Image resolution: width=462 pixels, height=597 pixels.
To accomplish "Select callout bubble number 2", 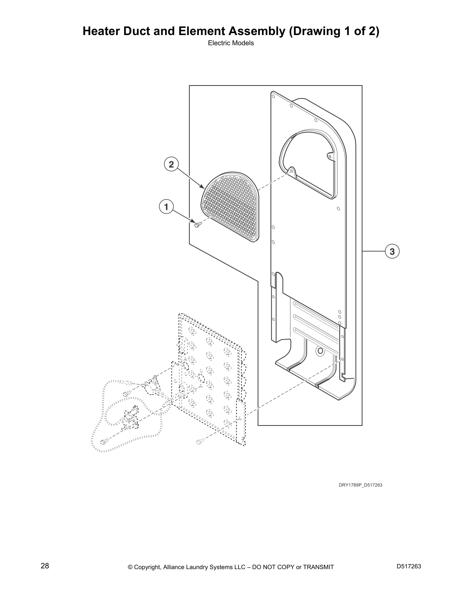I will (x=171, y=164).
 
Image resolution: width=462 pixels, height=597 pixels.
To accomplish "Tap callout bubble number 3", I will (x=392, y=251).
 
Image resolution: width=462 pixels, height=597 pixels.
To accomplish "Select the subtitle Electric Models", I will (x=231, y=43).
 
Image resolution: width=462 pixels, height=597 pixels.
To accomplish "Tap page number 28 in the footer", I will (x=45, y=566).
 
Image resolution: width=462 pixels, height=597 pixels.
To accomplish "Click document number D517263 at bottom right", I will (x=409, y=566).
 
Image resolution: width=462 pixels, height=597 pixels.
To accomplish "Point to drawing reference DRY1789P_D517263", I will (x=360, y=485).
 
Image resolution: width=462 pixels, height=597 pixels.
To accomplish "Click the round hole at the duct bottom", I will (x=320, y=351).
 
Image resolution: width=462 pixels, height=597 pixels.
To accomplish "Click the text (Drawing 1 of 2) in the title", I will (x=334, y=31).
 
